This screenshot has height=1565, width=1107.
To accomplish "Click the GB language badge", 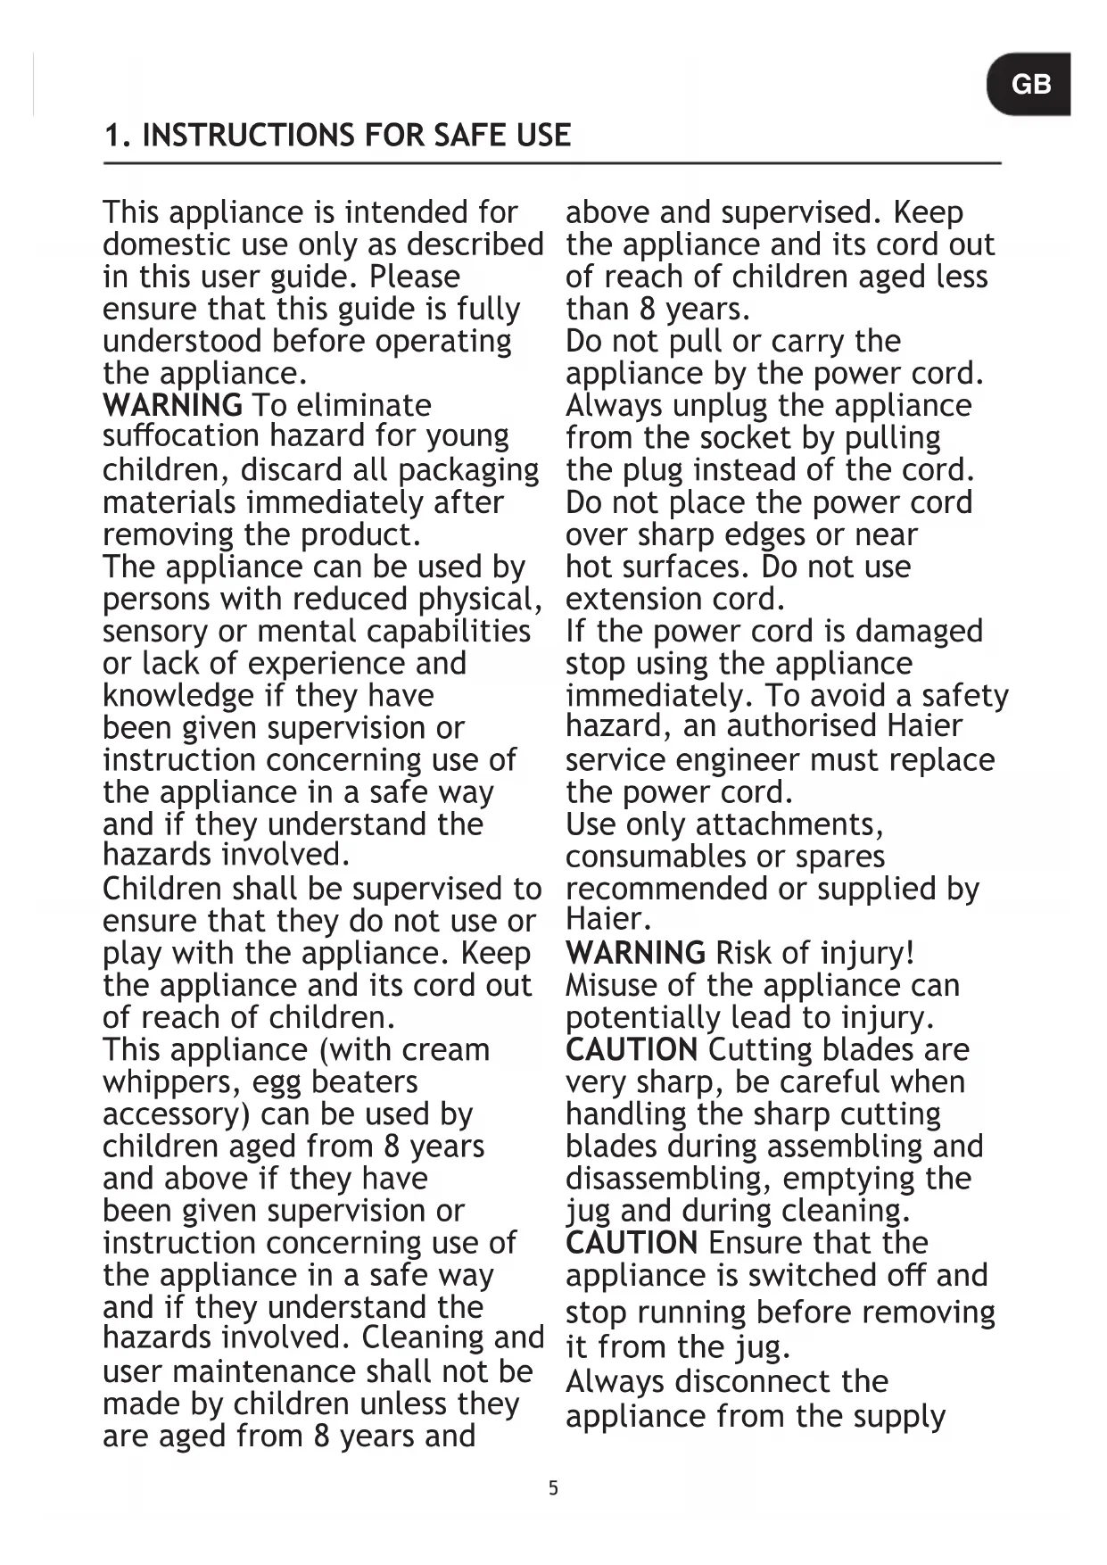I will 1030,85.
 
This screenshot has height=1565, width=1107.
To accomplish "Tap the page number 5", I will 553,1487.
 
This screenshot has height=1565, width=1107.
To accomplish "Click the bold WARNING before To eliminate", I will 172,405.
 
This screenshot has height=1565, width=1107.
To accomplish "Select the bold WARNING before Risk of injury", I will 635,953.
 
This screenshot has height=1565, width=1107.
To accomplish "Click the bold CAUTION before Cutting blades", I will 632,1049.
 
